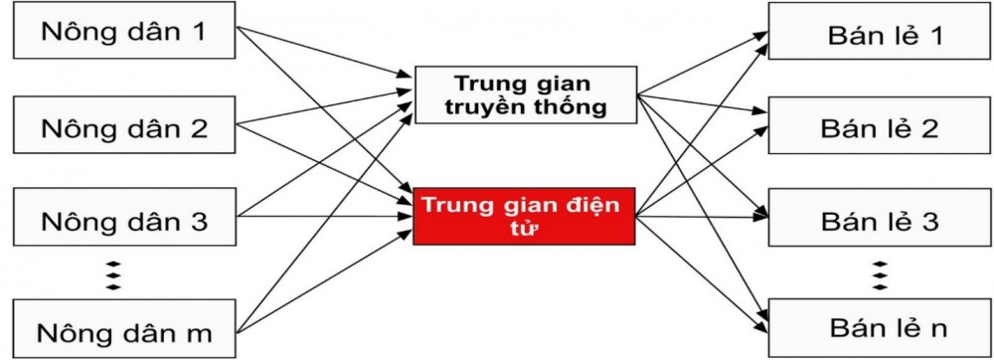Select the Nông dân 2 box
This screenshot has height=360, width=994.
coord(124,127)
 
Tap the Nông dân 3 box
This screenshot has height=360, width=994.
coord(124,221)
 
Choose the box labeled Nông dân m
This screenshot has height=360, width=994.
coord(124,331)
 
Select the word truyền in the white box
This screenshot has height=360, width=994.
coord(491,107)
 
